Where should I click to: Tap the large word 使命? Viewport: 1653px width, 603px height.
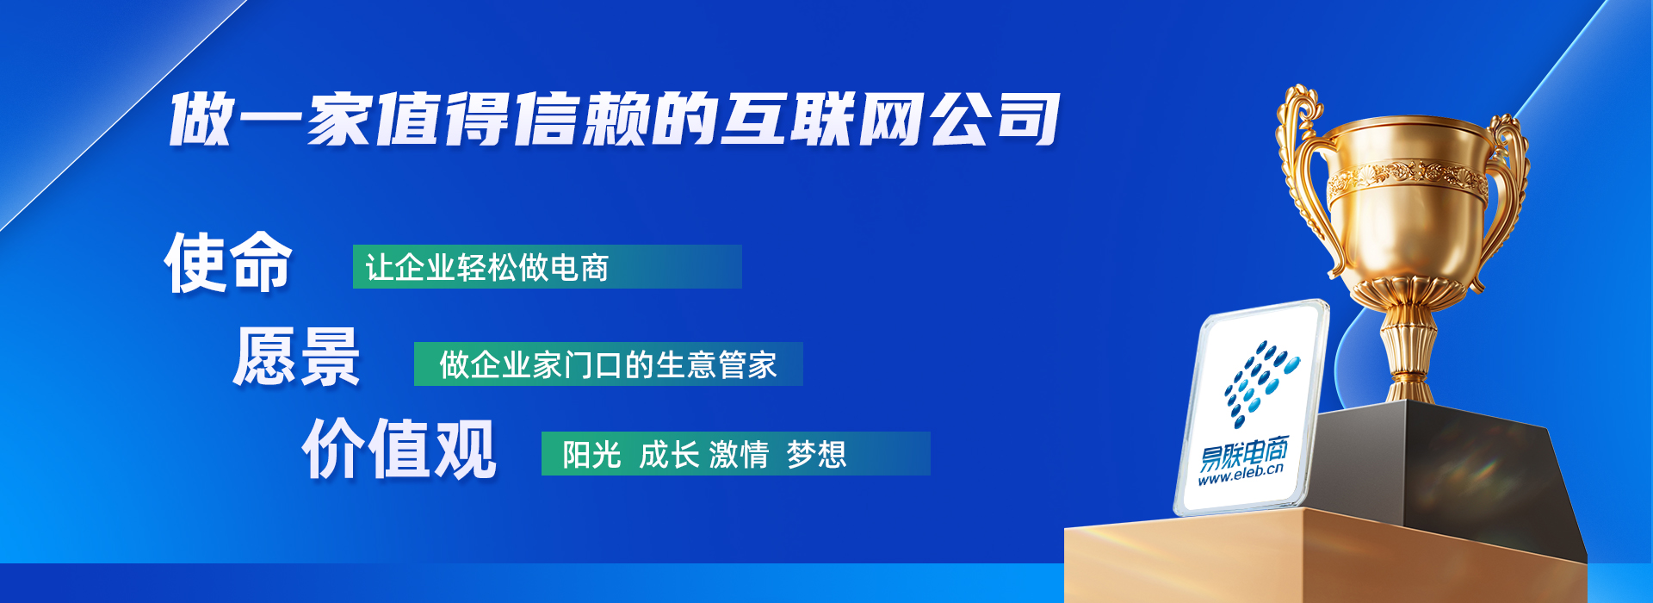(x=228, y=263)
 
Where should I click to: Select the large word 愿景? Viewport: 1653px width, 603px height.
(x=296, y=357)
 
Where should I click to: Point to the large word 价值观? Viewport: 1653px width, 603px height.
(x=399, y=448)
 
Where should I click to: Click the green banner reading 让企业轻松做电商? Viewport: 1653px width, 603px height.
(x=547, y=266)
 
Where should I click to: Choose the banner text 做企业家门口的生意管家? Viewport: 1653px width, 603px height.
(x=608, y=364)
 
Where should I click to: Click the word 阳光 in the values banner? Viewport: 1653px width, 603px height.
(x=591, y=454)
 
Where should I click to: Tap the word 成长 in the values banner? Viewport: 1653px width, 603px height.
(x=668, y=454)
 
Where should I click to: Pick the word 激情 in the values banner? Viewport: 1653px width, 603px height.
(x=739, y=454)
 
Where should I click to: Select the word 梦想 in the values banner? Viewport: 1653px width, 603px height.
(x=816, y=454)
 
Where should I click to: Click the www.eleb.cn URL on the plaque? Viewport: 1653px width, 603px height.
(x=1241, y=474)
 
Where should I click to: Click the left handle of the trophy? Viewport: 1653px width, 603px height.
(x=1298, y=172)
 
